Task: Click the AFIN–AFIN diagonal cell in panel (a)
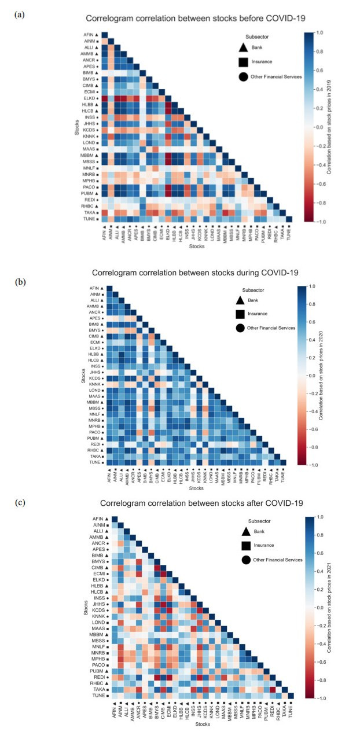tap(105, 35)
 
